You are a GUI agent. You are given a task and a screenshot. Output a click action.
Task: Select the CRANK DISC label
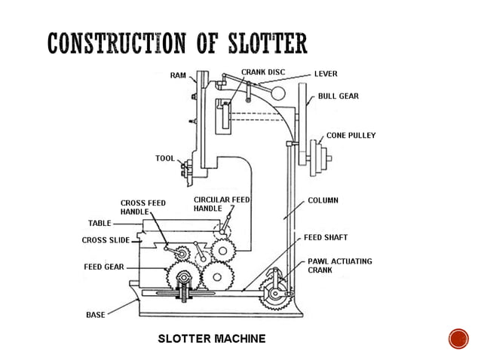[263, 72]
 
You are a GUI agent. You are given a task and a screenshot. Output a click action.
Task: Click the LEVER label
[326, 75]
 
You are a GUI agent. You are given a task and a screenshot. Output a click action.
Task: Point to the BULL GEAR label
[338, 96]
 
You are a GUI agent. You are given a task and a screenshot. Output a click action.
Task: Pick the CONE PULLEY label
[351, 136]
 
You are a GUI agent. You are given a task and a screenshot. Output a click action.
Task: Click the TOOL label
[164, 159]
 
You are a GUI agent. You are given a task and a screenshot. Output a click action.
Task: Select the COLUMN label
[323, 201]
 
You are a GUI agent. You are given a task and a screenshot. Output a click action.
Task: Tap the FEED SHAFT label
[326, 236]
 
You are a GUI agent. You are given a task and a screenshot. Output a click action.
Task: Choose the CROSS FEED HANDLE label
[142, 208]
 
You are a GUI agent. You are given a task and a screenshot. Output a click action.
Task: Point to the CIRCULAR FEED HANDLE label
[221, 203]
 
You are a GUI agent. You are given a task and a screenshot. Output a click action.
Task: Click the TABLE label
[100, 224]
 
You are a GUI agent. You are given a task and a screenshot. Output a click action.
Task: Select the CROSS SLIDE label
[105, 240]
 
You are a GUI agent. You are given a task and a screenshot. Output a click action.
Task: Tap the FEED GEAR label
[99, 267]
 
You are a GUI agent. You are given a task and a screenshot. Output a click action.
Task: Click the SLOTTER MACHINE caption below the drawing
[211, 338]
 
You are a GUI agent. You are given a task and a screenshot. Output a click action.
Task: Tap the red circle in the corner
[458, 338]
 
